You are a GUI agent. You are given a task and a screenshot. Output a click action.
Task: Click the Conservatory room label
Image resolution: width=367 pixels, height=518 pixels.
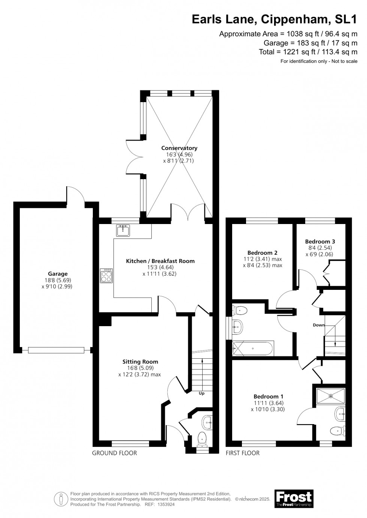(179, 148)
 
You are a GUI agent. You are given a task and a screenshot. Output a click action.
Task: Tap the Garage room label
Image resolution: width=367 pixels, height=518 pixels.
(58, 274)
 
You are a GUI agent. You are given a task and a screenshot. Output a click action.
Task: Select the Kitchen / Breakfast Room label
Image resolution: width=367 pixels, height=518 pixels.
(160, 261)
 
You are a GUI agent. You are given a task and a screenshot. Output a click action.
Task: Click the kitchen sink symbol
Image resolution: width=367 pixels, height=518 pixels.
(122, 231)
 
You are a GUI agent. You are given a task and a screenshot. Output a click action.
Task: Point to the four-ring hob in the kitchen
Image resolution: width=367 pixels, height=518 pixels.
(106, 276)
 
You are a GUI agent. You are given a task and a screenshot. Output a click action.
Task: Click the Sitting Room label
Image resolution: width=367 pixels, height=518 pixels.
(140, 362)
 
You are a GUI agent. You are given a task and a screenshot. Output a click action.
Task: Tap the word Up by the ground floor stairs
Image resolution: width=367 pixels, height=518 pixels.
(201, 393)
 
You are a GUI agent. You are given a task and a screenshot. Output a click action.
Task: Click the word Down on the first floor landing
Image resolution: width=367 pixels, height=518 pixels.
(319, 325)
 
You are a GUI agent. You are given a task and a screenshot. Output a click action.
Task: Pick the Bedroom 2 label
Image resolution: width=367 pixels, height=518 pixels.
(263, 252)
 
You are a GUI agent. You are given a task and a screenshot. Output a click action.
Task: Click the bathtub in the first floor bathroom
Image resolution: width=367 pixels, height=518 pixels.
(253, 349)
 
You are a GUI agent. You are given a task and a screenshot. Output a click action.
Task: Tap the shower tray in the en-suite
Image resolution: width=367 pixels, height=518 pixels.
(330, 395)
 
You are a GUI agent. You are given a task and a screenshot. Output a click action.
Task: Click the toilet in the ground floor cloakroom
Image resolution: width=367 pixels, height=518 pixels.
(202, 438)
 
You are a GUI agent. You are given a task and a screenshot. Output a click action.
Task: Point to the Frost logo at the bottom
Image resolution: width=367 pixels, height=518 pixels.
(294, 499)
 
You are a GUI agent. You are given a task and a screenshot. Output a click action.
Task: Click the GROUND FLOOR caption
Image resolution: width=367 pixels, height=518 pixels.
(115, 453)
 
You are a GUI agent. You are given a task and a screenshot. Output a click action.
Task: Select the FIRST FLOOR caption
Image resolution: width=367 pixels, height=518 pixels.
(243, 453)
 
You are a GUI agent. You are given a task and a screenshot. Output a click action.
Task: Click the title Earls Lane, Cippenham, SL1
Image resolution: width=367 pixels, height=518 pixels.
(275, 19)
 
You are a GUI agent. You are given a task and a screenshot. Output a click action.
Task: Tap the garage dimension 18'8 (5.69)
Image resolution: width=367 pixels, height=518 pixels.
(58, 280)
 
